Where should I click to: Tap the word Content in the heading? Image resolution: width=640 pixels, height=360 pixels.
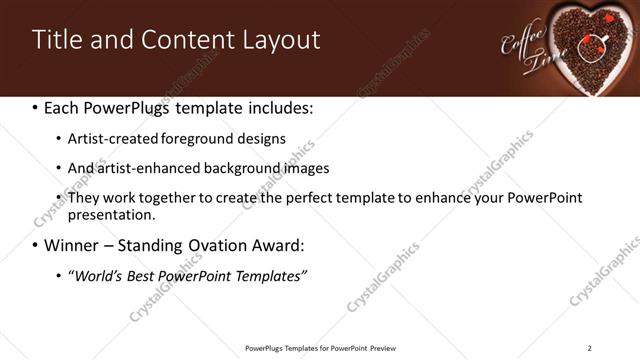tap(181, 40)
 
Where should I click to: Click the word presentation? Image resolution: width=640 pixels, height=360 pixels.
tap(110, 215)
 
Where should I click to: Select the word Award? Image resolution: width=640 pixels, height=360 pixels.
tap(282, 245)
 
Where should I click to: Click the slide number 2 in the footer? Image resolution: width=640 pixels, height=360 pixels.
tap(589, 347)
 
